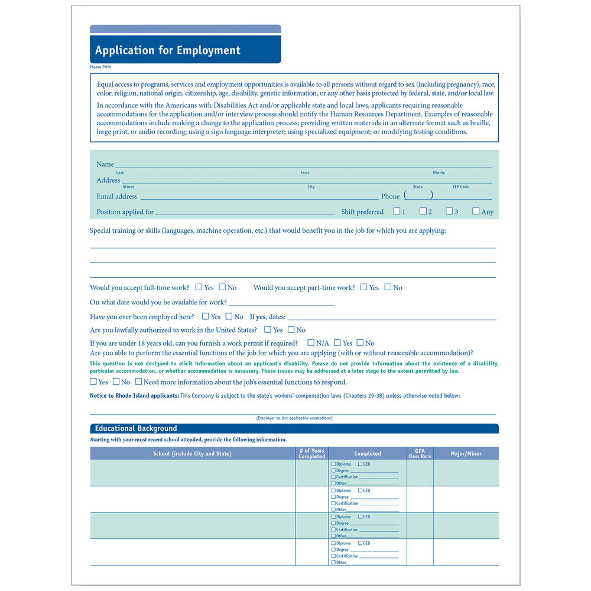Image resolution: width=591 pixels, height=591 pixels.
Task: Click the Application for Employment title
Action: click(x=168, y=50)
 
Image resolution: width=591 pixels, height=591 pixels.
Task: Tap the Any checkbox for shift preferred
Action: click(x=476, y=211)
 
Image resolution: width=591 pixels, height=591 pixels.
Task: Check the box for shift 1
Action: click(x=397, y=211)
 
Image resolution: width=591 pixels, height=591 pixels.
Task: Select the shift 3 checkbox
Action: click(x=449, y=211)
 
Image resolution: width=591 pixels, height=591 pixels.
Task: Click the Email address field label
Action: click(x=117, y=196)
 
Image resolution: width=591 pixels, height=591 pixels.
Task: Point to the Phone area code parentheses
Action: click(x=418, y=195)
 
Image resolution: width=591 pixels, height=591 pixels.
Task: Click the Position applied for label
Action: click(x=125, y=212)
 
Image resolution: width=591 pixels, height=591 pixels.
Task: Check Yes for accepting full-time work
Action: click(x=199, y=287)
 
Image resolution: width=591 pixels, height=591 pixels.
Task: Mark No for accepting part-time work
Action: click(x=388, y=287)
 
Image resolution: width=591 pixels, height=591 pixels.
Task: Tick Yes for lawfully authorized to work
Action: click(x=268, y=330)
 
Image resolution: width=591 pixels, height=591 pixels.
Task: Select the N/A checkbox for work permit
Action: click(x=311, y=343)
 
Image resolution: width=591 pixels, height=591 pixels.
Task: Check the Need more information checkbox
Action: click(x=138, y=382)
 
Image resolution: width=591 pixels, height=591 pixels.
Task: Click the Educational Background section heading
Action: click(x=136, y=428)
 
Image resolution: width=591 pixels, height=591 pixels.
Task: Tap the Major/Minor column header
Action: click(x=466, y=454)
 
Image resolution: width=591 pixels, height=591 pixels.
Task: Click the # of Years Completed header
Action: click(x=312, y=454)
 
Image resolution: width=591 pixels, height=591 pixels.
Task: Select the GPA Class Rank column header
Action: click(x=420, y=453)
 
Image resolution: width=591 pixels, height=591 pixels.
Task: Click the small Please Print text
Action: click(x=100, y=67)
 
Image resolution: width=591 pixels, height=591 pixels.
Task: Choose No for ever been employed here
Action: click(x=229, y=317)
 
